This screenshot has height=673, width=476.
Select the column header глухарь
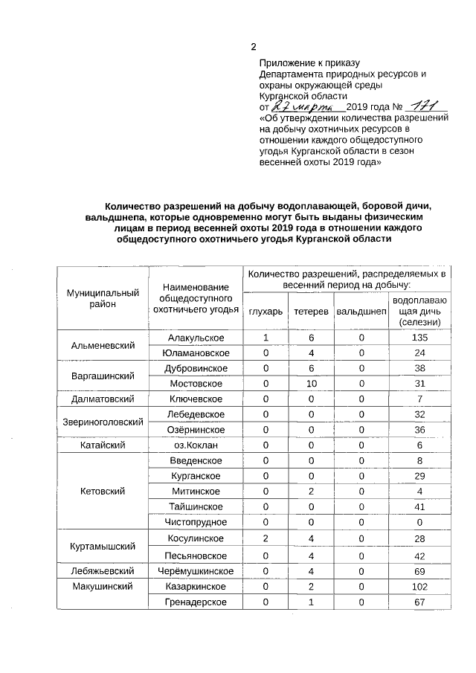266,311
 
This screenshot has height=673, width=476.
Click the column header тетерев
311,311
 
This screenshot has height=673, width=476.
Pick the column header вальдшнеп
361,311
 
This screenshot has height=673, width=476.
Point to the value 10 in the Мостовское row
311,384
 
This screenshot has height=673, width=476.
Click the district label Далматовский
103,399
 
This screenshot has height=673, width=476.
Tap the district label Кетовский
103,492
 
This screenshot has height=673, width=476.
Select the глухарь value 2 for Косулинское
266,538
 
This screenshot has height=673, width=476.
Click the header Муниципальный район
103,298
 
